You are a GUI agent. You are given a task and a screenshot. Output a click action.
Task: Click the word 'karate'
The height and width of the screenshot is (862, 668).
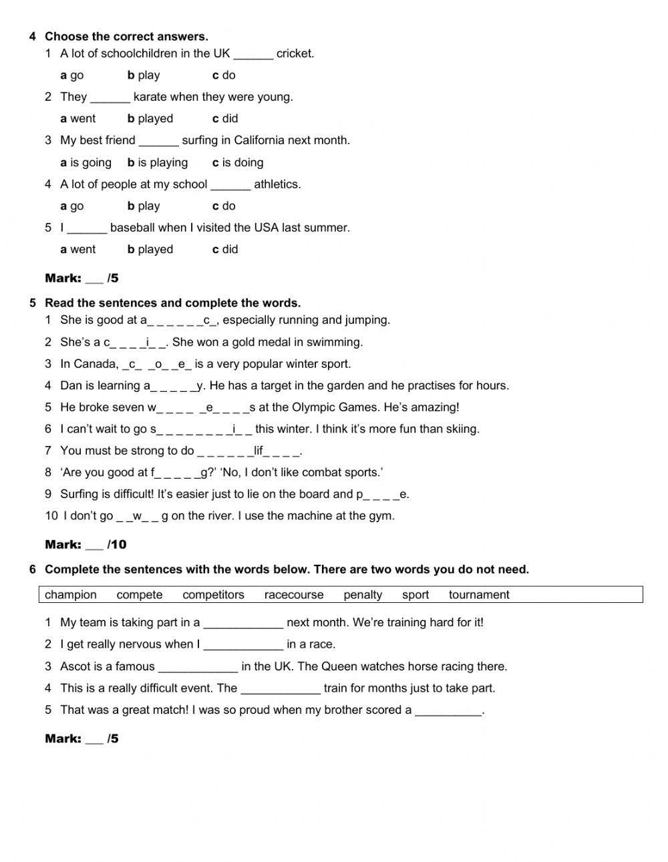click(x=150, y=97)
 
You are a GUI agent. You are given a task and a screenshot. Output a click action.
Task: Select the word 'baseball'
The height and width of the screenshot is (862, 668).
click(x=133, y=228)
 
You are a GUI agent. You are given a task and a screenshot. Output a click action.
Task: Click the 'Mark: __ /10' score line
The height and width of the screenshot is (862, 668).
click(x=86, y=545)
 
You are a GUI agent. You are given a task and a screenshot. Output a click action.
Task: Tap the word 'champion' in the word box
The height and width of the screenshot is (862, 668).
click(x=71, y=595)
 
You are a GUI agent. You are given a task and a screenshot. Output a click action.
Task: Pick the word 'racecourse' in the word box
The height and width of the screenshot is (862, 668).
click(x=294, y=595)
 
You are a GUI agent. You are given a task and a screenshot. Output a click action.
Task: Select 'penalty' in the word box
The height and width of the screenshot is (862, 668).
click(x=363, y=595)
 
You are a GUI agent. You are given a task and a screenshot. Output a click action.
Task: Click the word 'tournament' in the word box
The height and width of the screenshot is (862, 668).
click(x=479, y=595)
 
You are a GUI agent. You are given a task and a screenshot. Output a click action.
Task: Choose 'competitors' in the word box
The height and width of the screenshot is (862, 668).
click(x=213, y=595)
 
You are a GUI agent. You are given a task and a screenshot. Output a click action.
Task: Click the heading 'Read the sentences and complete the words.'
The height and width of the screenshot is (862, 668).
click(x=172, y=303)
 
